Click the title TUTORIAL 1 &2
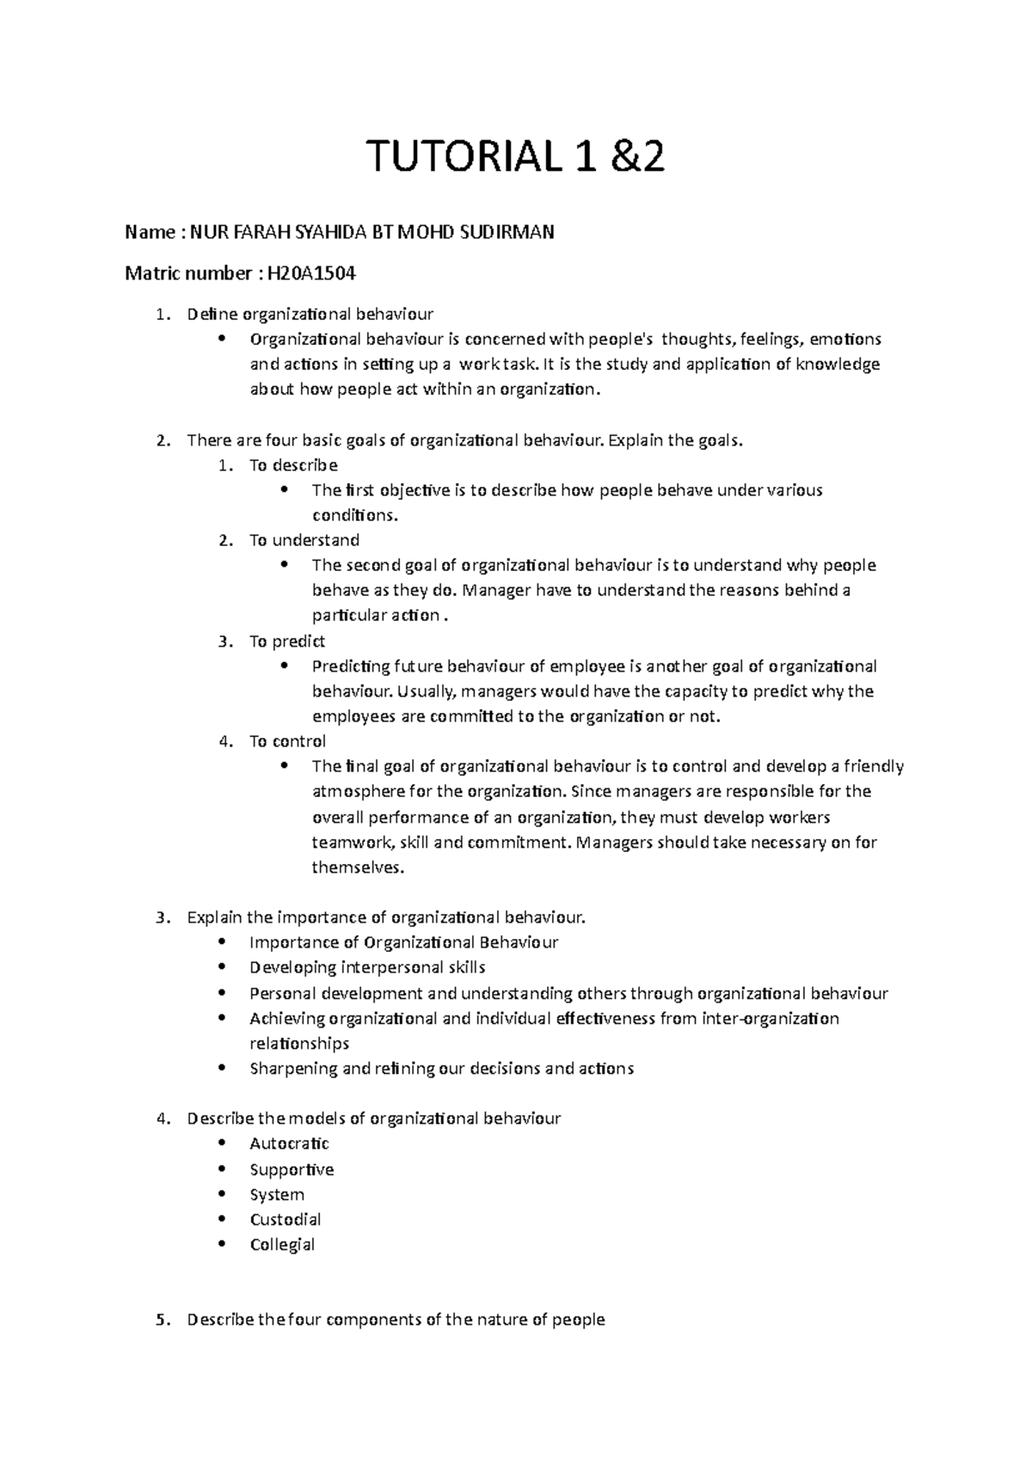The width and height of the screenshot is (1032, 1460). (x=516, y=157)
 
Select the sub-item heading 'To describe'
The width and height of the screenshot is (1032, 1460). (x=292, y=465)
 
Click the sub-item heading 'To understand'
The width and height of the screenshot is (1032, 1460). (x=304, y=540)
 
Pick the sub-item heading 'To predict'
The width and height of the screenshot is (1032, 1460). (x=286, y=641)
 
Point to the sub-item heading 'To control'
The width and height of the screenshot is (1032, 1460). (x=287, y=741)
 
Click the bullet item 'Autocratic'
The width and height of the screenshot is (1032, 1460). (x=289, y=1144)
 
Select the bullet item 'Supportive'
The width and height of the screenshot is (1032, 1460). (x=292, y=1169)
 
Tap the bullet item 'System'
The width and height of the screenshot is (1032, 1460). (x=277, y=1194)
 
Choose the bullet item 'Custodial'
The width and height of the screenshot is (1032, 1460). (x=286, y=1219)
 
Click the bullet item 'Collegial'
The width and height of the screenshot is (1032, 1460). (x=282, y=1244)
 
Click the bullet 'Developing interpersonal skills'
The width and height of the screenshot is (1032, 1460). (x=367, y=967)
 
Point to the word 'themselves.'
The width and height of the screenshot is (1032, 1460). (x=357, y=867)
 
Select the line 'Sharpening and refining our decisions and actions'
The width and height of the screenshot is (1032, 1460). (x=441, y=1069)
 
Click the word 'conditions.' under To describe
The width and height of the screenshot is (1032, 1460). (x=355, y=516)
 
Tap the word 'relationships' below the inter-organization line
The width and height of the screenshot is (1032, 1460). (x=299, y=1044)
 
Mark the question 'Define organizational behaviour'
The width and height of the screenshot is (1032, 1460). (x=310, y=314)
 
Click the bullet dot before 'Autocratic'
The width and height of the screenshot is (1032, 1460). (x=222, y=1143)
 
